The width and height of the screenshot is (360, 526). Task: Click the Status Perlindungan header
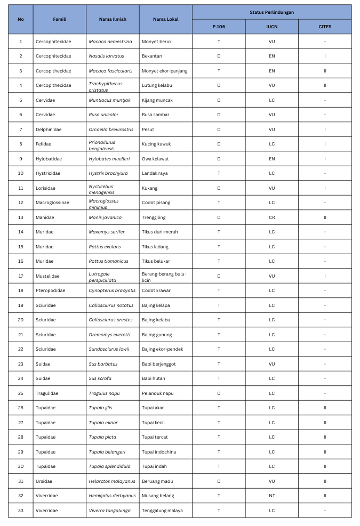point(271,12)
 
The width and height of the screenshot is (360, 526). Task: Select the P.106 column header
point(219,27)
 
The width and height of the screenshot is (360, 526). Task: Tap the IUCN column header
point(271,27)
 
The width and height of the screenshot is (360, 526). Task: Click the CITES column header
point(324,27)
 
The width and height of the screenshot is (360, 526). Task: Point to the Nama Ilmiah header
point(112,19)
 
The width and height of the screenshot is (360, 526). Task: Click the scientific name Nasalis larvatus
point(106,56)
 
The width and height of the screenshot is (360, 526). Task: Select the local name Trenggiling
point(155,217)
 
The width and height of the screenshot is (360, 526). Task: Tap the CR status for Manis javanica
point(271,217)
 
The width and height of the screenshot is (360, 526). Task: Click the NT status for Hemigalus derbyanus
point(271,496)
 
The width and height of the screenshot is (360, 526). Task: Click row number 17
point(21,276)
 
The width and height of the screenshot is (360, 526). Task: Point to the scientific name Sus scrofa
point(100,378)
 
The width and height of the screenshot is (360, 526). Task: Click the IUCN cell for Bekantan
point(271,56)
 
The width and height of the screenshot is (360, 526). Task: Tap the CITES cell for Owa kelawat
point(324,159)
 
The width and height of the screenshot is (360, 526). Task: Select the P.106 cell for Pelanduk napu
point(219,393)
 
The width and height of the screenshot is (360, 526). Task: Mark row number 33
point(21,511)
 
